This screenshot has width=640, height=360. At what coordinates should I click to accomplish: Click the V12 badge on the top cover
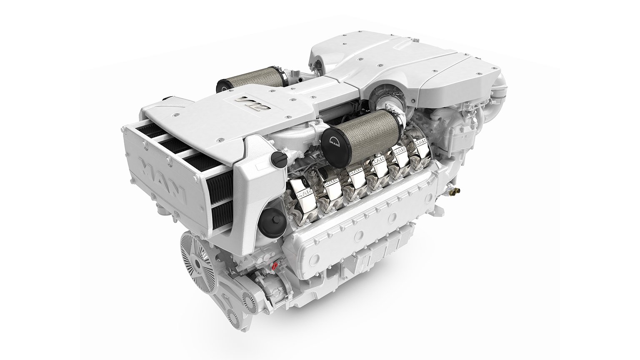click(x=248, y=102)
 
